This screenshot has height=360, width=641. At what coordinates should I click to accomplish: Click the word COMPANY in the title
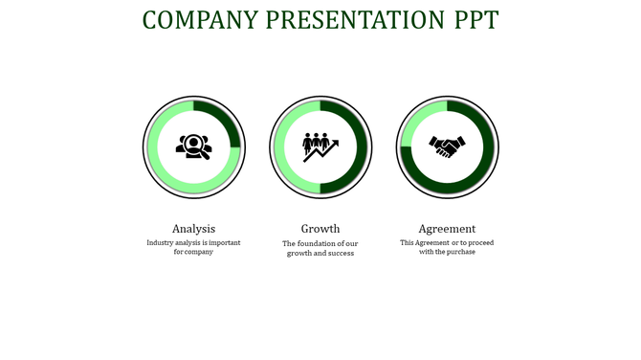[x=200, y=20]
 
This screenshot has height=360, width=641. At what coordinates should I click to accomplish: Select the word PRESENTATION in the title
[x=354, y=20]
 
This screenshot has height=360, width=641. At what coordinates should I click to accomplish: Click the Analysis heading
[x=193, y=229]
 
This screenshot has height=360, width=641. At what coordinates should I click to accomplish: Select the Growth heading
[x=320, y=229]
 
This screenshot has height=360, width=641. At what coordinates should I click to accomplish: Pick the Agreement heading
[x=447, y=229]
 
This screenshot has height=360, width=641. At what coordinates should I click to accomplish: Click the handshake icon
[x=447, y=146]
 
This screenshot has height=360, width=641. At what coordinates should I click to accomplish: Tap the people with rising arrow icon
[x=320, y=146]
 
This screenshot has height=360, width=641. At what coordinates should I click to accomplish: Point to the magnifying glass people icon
[x=193, y=146]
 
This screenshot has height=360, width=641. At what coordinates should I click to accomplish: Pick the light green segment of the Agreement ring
[x=413, y=120]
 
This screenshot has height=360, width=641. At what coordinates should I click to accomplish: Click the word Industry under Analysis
[x=160, y=243]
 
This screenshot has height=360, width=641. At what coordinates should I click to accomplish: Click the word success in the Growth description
[x=341, y=254]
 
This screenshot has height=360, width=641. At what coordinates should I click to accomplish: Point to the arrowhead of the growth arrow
[x=335, y=142]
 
